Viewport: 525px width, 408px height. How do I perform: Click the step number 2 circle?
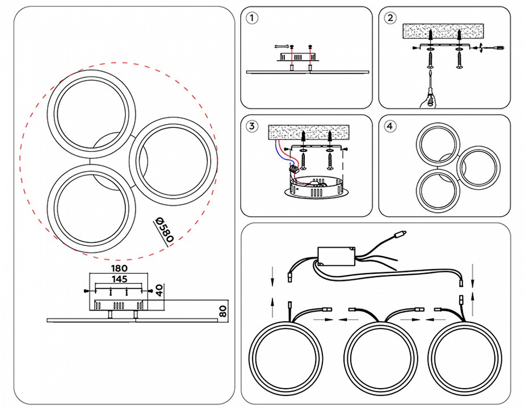click(x=390, y=18)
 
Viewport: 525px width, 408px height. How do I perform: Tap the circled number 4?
click(x=390, y=126)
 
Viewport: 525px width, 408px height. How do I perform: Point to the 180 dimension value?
click(x=120, y=268)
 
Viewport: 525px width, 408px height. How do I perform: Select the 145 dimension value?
click(x=119, y=279)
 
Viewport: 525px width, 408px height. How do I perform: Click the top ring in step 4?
click(x=439, y=143)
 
